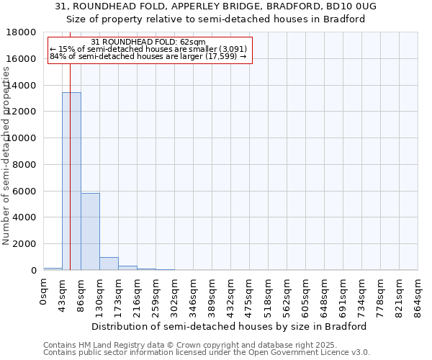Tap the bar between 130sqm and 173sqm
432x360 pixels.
(x=109, y=264)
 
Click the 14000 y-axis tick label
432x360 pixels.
(x=22, y=86)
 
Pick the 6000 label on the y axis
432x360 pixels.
(x=25, y=192)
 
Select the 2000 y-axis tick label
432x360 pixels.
(x=25, y=244)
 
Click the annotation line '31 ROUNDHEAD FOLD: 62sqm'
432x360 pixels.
(x=149, y=42)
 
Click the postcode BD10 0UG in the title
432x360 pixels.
(x=350, y=6)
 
